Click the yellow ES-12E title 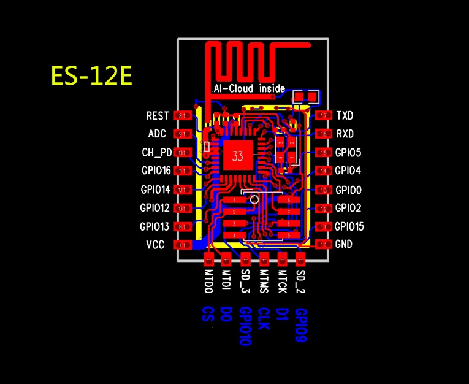tap(91, 77)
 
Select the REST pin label tap(158, 115)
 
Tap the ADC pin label tap(157, 134)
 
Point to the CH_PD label tap(157, 152)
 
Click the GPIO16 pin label tap(155, 171)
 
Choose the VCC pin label tap(155, 245)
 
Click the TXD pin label tap(345, 115)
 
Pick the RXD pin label tap(345, 134)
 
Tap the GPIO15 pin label tap(349, 226)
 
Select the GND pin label tap(344, 244)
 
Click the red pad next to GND tap(322, 244)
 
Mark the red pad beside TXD tap(322, 115)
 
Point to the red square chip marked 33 tap(237, 156)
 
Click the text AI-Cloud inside tap(249, 89)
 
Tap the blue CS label tap(207, 314)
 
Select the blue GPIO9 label tap(300, 325)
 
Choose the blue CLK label tap(264, 319)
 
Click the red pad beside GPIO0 tap(322, 190)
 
